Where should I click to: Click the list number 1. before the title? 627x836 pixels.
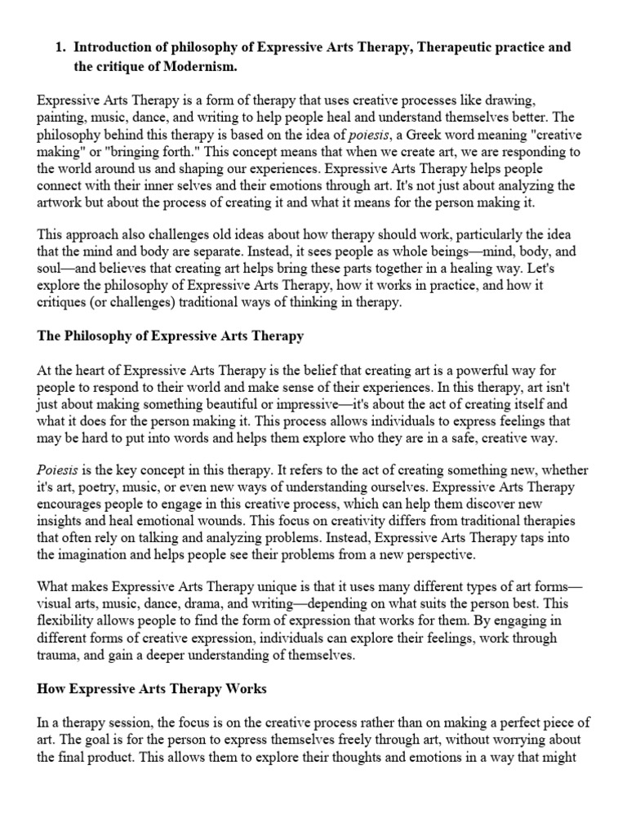[60, 48]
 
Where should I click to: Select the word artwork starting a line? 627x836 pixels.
[60, 202]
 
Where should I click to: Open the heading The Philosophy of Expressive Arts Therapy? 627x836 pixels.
[171, 336]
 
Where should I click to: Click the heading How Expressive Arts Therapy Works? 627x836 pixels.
[152, 688]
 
